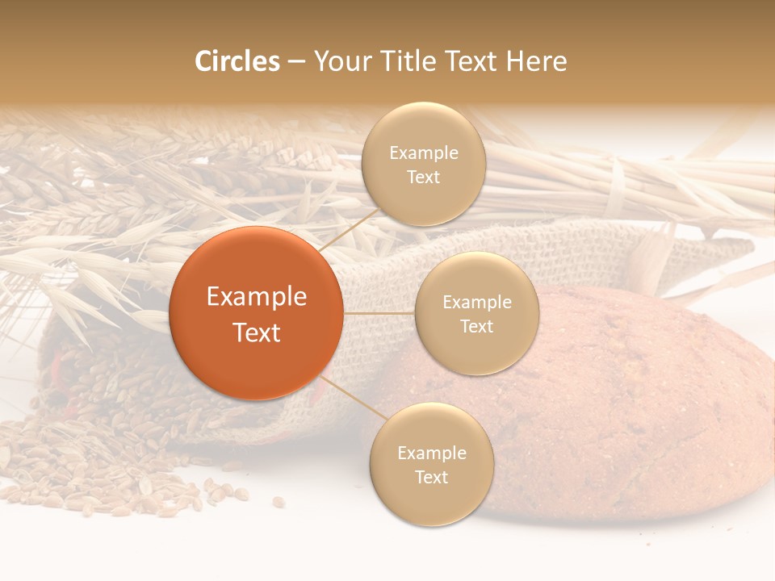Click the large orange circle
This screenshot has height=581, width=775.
(x=256, y=313)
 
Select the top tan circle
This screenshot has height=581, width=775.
(x=424, y=164)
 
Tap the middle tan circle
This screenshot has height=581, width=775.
(x=476, y=313)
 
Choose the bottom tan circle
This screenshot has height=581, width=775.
(x=431, y=464)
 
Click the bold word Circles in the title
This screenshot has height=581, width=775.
(x=237, y=61)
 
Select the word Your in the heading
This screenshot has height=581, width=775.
(x=342, y=61)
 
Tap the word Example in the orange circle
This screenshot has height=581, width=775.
(x=256, y=296)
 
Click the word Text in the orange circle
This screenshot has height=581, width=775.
(x=256, y=332)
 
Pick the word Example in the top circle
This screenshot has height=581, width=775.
(x=424, y=153)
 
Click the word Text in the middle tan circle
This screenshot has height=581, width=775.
(x=476, y=326)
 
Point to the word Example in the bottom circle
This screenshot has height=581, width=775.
(x=431, y=453)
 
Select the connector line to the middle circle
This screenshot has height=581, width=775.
(x=379, y=313)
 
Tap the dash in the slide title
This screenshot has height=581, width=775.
(x=295, y=62)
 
